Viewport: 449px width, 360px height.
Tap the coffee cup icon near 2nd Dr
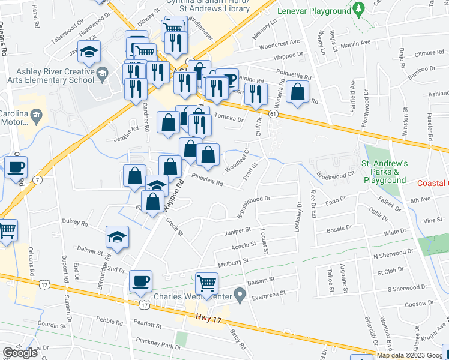coord(140,281)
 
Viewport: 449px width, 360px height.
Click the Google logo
coord(20,353)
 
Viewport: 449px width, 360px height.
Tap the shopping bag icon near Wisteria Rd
coord(298,92)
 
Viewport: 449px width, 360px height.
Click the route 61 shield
coord(273,113)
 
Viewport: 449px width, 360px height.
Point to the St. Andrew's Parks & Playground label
coord(384,172)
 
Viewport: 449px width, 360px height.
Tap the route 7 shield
coord(38,179)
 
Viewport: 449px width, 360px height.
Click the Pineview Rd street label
coord(207,179)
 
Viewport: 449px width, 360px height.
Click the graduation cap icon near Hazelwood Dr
coord(89,52)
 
